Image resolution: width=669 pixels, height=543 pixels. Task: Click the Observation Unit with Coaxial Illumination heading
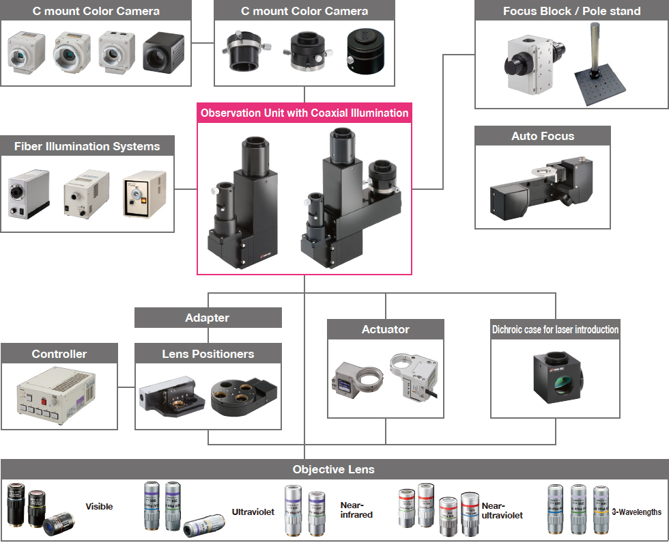[x=304, y=113]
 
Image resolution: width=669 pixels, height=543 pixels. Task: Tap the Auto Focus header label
[x=543, y=136]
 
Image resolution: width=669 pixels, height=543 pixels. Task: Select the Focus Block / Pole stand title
[x=571, y=11]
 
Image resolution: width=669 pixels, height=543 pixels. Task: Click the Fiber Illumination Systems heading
[x=87, y=146]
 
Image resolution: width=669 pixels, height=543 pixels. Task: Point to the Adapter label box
[x=208, y=318]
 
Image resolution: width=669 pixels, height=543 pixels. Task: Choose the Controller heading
[x=59, y=354]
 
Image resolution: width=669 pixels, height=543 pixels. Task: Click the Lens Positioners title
[x=208, y=354]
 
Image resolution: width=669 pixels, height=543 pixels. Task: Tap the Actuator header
[x=386, y=329]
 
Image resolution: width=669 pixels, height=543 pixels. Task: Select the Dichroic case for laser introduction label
[x=556, y=329]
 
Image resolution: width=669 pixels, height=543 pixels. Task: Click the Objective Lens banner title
[x=334, y=469]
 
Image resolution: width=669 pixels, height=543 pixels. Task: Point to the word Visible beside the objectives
[x=99, y=506]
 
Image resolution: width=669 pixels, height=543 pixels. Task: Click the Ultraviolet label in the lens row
[x=253, y=511]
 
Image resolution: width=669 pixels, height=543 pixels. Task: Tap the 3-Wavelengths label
[x=637, y=512]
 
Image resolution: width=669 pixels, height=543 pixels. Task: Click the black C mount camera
[x=163, y=51]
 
